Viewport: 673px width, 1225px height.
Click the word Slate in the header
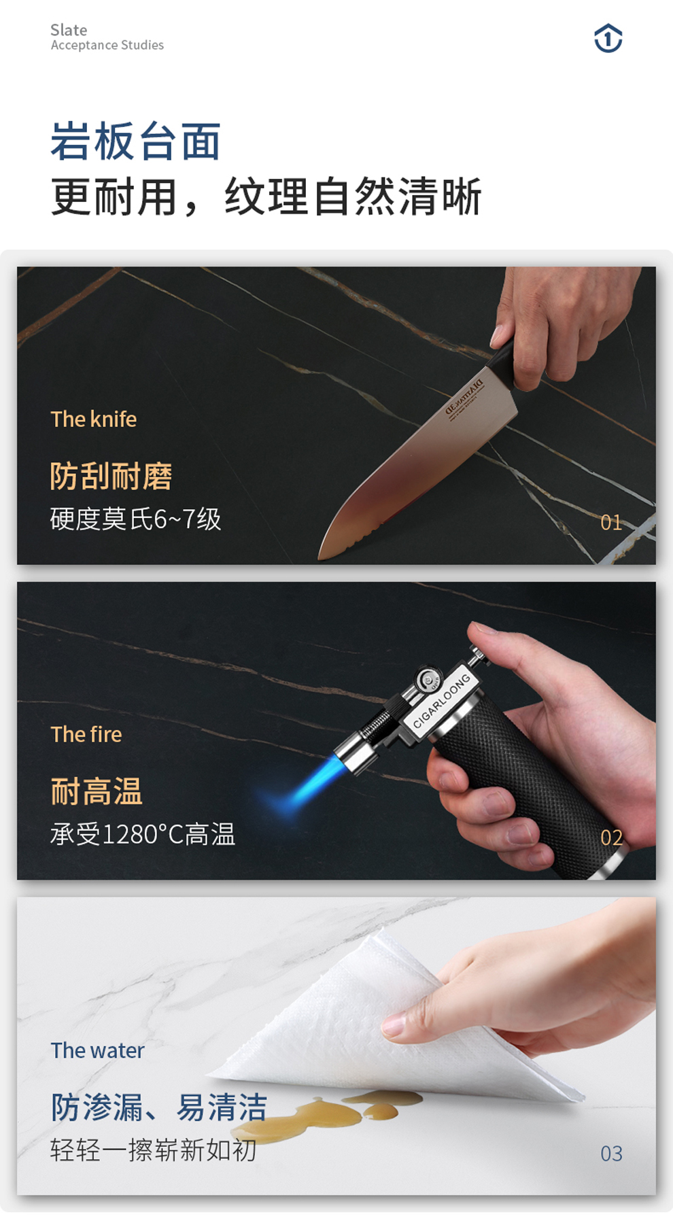69,30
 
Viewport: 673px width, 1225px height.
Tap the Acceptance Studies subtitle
107,46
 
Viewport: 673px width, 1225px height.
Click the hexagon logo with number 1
608,38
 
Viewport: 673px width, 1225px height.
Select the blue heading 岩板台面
136,141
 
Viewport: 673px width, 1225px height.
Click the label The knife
94,419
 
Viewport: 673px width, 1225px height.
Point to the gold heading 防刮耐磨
111,476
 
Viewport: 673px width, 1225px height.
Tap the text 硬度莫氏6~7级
135,519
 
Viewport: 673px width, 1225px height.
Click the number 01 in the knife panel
611,522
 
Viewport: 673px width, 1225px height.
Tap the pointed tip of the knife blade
320,558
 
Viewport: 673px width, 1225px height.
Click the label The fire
86,734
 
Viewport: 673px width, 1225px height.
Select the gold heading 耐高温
97,791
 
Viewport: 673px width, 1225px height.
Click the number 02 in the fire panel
611,838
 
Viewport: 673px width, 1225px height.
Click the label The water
98,1050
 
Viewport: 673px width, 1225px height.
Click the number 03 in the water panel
611,1154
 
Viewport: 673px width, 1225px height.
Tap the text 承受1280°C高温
143,834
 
